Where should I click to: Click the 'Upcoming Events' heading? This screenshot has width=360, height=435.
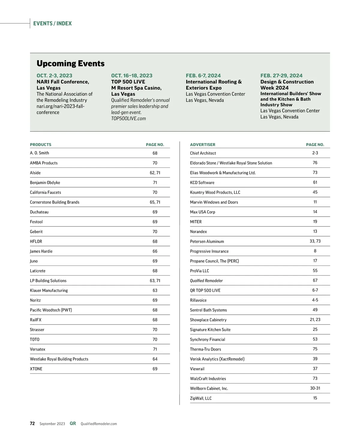point(70,64)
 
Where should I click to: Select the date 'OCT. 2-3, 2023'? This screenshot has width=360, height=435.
point(54,76)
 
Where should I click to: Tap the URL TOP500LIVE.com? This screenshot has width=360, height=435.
point(128,118)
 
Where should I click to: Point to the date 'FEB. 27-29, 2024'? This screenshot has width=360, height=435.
point(281,76)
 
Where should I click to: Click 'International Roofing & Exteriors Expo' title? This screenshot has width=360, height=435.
point(214,85)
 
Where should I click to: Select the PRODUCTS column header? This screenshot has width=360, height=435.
point(40,145)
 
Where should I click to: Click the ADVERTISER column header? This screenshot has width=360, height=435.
point(202,145)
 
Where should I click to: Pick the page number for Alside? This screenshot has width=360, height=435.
point(155,173)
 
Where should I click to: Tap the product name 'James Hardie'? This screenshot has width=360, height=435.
point(41,251)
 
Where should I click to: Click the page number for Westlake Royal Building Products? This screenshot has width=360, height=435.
point(155,359)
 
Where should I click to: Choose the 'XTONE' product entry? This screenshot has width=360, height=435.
point(36,369)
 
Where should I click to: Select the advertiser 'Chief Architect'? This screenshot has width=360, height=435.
point(203,153)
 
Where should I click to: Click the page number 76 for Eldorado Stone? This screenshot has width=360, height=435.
point(315,163)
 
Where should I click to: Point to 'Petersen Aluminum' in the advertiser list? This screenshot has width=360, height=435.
point(207,241)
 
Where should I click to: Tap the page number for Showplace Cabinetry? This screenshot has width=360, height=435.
point(315,320)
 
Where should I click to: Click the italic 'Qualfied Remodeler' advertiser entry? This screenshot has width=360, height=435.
point(206,281)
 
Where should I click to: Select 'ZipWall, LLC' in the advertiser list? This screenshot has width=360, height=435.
point(201,398)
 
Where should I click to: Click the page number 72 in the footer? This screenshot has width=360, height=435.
point(32,424)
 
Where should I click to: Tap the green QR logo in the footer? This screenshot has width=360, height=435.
point(73,424)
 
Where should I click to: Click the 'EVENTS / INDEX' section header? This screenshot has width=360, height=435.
point(52,23)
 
